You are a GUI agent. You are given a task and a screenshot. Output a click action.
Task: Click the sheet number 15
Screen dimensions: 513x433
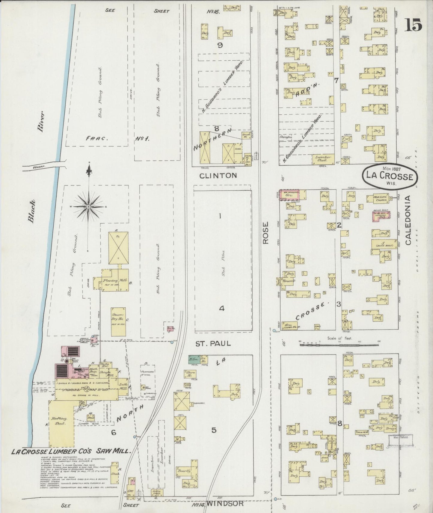tap(414, 25)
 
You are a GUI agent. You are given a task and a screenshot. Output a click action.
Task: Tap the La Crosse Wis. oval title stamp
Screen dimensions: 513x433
tap(389, 176)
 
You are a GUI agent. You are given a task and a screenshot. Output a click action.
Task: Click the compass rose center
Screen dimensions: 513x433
tap(89, 207)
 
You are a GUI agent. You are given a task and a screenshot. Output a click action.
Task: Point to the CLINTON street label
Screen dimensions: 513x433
tap(218, 175)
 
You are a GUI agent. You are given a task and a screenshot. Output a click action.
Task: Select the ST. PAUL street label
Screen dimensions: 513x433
tap(213, 343)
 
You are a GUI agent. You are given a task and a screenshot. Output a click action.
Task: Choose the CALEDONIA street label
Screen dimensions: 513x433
tap(408, 220)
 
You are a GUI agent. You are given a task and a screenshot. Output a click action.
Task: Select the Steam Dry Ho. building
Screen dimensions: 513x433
tap(118, 321)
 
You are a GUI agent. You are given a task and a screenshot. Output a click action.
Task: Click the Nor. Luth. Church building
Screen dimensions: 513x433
tap(377, 198)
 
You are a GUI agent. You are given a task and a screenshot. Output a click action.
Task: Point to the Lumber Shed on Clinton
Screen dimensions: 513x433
tap(323, 158)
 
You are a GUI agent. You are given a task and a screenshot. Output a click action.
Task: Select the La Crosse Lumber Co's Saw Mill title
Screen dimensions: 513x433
tap(71, 451)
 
